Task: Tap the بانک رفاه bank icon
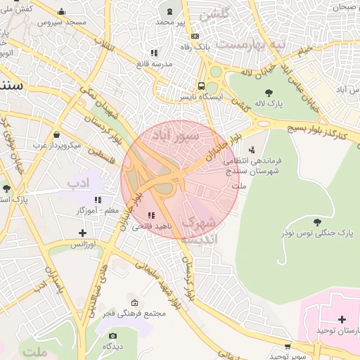click(195, 36)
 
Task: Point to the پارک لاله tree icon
click(269, 92)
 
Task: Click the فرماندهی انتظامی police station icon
click(252, 149)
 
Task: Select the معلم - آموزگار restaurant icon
click(98, 200)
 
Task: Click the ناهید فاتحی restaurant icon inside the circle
click(151, 215)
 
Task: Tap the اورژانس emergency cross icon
click(83, 233)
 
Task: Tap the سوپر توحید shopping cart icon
click(288, 346)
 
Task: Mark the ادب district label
click(79, 184)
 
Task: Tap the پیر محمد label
click(171, 22)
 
